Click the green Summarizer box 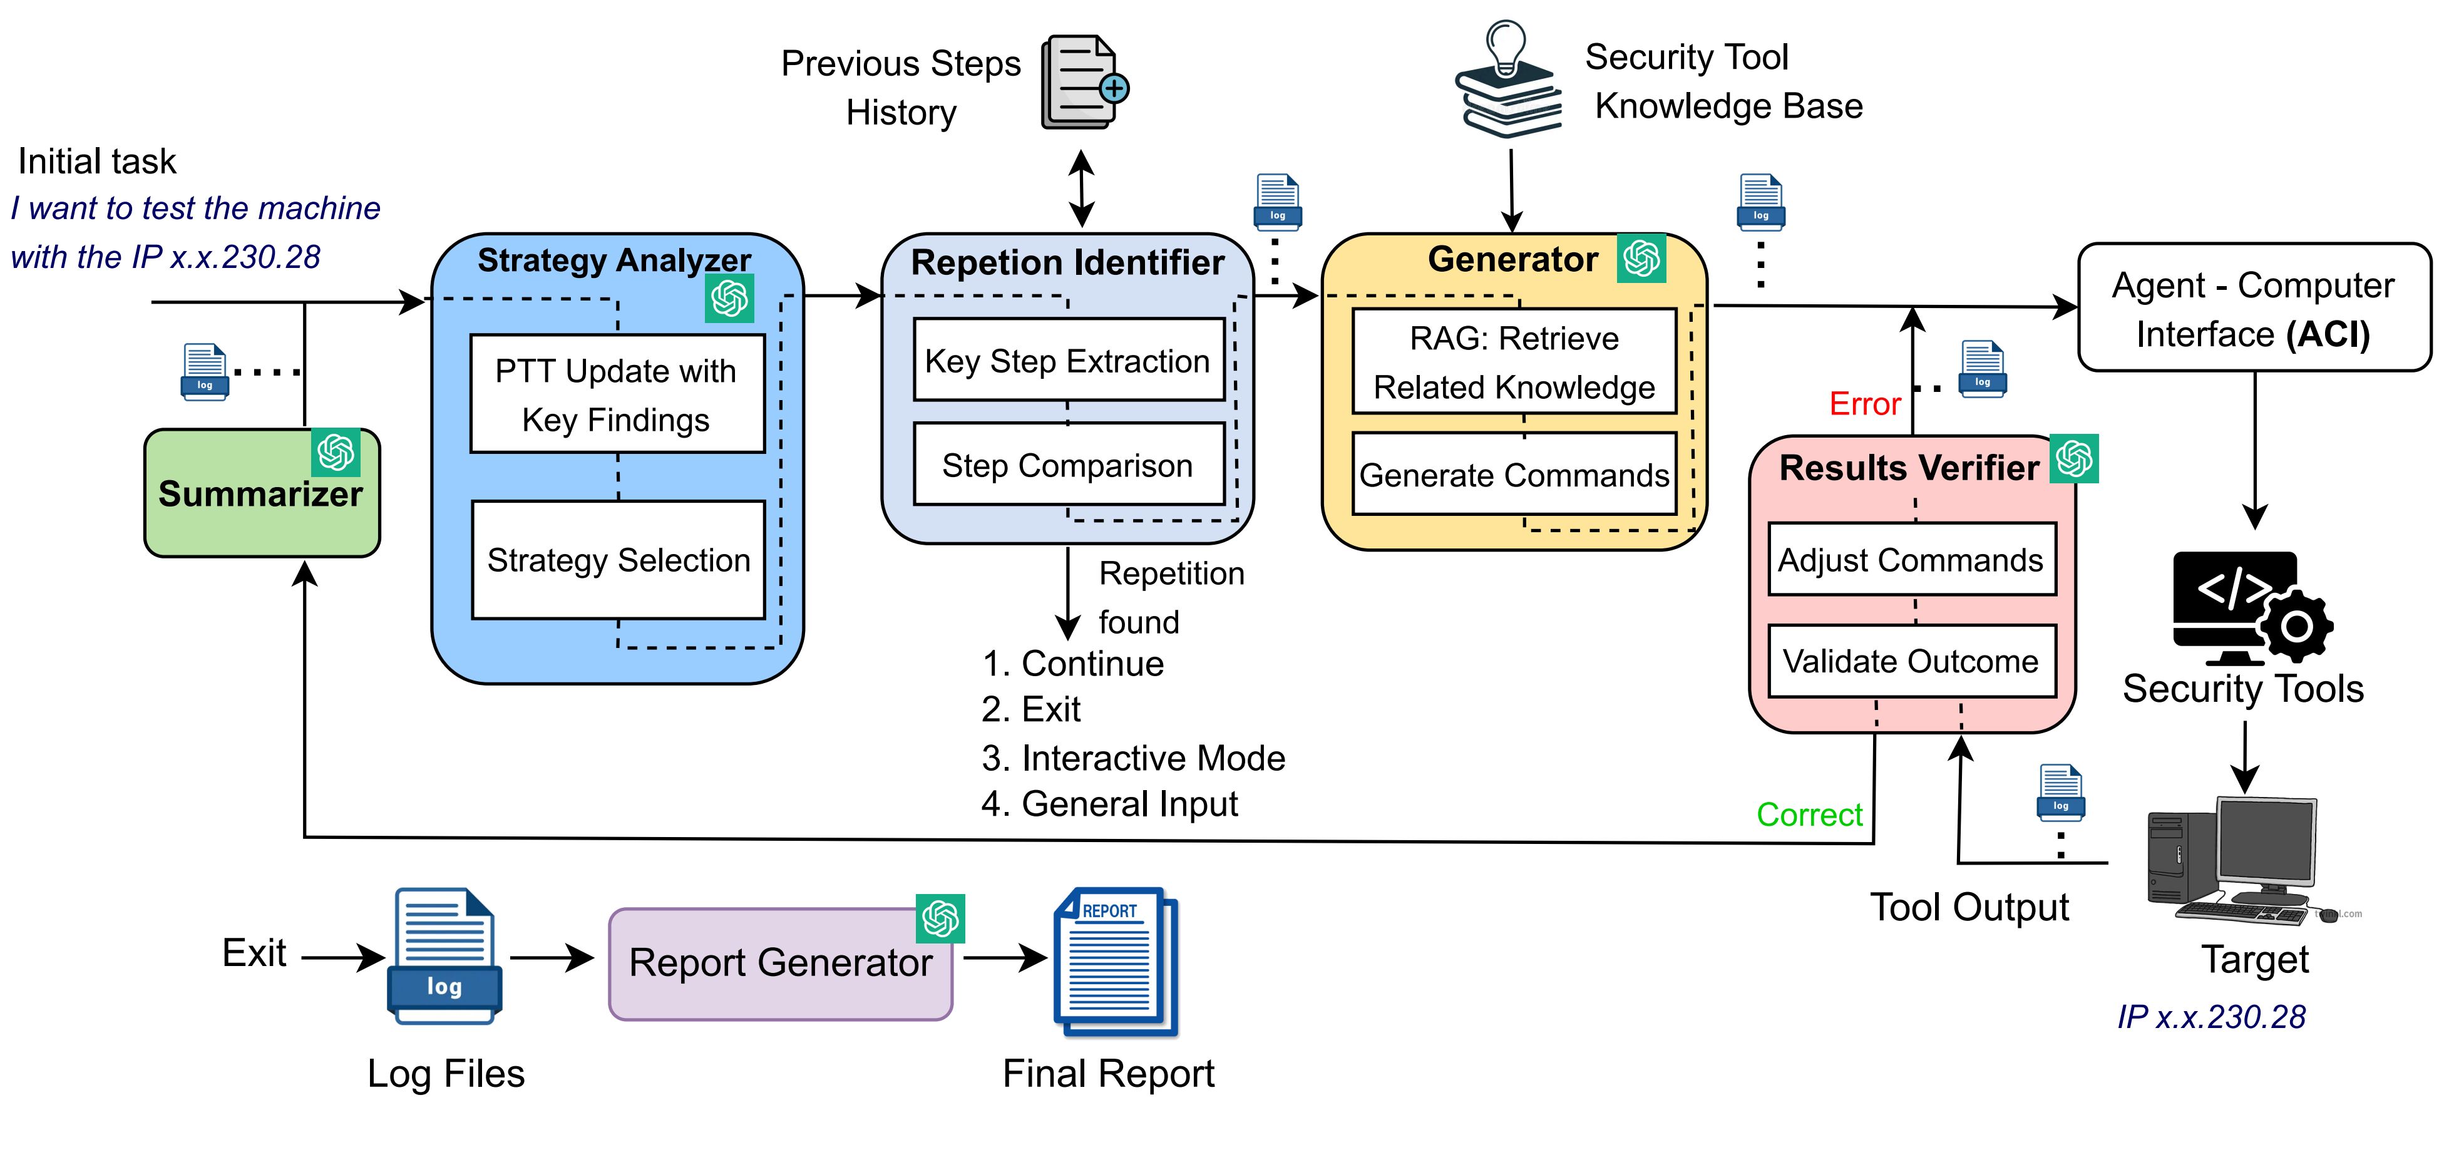pos(261,493)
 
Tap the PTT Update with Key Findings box pos(617,394)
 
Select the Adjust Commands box pos(1911,559)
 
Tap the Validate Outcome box pos(1911,661)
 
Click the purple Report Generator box pos(780,963)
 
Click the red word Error pos(1864,404)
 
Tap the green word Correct pos(1809,814)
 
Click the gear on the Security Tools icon pos(2296,625)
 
